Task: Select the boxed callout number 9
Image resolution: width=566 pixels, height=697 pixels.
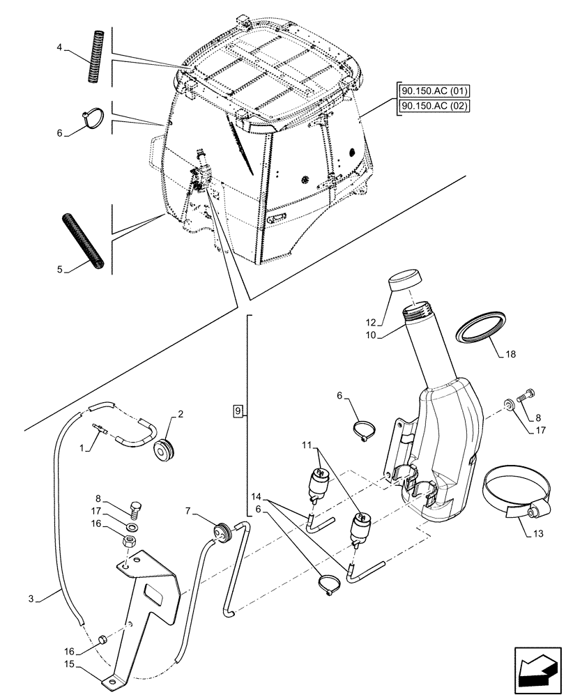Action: tap(238, 411)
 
